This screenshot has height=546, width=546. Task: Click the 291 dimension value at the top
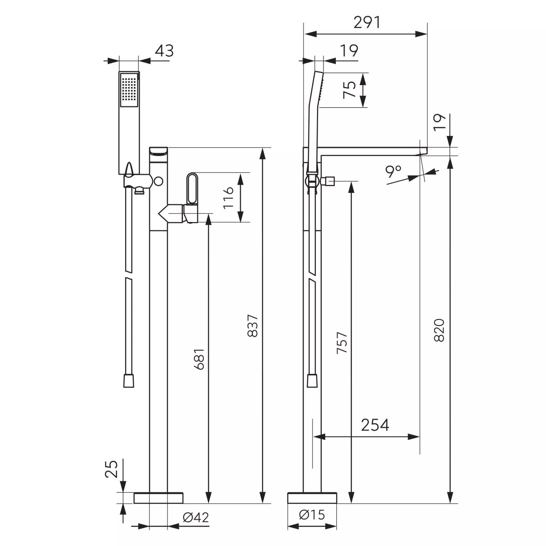(x=367, y=22)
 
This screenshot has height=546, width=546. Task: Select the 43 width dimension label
(x=164, y=51)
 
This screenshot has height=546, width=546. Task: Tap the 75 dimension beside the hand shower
(x=349, y=90)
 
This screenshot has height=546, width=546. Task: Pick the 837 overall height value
(x=253, y=325)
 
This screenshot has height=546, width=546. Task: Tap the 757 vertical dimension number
(x=342, y=343)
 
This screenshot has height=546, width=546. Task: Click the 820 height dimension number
(x=439, y=330)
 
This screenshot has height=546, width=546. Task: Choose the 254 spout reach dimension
(x=375, y=425)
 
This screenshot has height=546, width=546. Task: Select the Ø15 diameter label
(x=312, y=515)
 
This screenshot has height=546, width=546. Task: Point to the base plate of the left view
(x=158, y=498)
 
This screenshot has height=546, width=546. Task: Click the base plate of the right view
(x=312, y=498)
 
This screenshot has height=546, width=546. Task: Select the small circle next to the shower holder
(x=158, y=181)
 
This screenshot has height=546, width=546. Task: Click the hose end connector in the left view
(x=129, y=380)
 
